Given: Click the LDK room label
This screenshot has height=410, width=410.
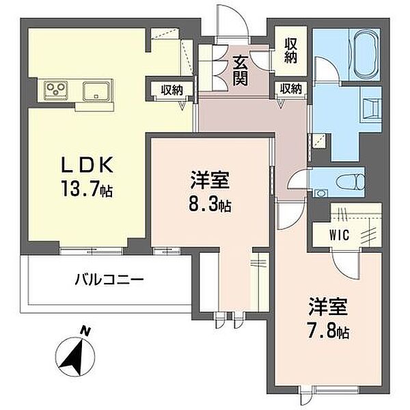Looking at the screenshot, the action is point(87,164).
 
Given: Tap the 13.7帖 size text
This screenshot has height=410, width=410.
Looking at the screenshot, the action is point(87,189).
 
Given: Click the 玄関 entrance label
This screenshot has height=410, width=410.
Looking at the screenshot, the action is point(241,71).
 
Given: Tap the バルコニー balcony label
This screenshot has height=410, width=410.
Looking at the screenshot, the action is point(109,280).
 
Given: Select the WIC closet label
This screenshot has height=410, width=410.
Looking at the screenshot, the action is point(340,234).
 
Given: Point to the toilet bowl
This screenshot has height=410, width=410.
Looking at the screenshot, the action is point(350,181).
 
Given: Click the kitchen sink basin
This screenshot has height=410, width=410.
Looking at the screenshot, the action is point(96,91).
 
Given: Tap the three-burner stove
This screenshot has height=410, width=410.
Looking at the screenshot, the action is point(55,90).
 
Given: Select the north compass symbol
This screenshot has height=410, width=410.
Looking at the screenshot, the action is point(75,357).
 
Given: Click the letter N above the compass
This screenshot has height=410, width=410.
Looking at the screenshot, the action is point(85,331).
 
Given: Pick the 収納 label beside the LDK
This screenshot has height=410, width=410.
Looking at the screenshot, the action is point(172,90).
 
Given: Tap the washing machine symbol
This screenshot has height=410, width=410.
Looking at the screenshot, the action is point(372,109).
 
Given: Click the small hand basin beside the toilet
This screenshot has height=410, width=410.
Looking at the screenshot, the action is point(320,193).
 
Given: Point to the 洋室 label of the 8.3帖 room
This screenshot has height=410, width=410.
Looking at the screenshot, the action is point(210,180).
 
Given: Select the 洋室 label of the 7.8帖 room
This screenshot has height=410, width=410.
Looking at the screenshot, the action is point(328,307).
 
